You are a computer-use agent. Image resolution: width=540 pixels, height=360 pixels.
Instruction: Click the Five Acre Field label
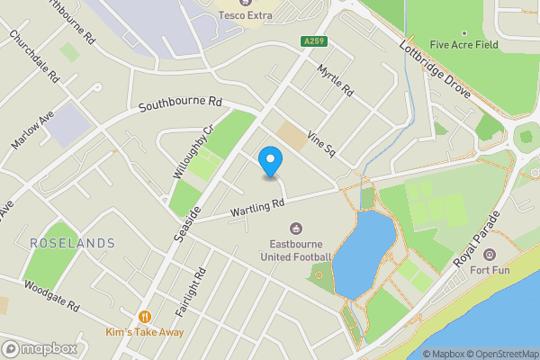[464, 44]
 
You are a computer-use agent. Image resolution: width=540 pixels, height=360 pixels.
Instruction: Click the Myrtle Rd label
[337, 80]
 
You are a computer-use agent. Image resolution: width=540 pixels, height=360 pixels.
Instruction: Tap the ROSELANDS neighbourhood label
[72, 243]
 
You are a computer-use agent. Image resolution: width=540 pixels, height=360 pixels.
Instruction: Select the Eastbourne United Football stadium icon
[296, 229]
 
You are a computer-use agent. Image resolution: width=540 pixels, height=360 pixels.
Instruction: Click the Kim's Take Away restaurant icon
[144, 316]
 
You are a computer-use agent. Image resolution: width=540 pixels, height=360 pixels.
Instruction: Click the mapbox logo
[38, 348]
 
